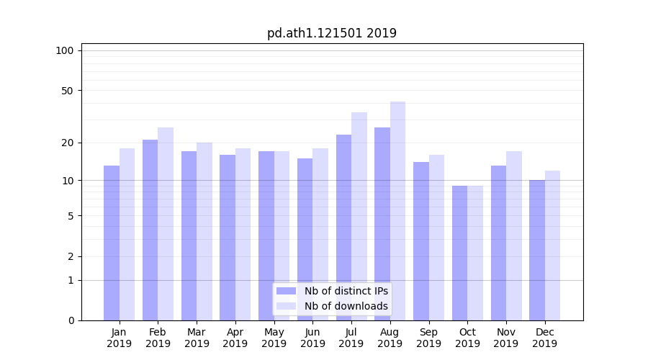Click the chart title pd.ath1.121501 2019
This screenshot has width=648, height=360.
[x=331, y=33]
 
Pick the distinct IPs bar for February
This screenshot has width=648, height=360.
[x=150, y=230]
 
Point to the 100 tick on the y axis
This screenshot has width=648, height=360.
[x=65, y=50]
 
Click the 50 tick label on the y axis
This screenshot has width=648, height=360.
[x=67, y=91]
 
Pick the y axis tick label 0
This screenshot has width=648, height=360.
[x=71, y=320]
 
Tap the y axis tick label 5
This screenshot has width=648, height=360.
[x=71, y=215]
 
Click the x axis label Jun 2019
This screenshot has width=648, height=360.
[x=312, y=338]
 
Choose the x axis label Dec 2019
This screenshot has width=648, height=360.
[x=544, y=338]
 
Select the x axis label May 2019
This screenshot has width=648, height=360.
[x=274, y=338]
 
